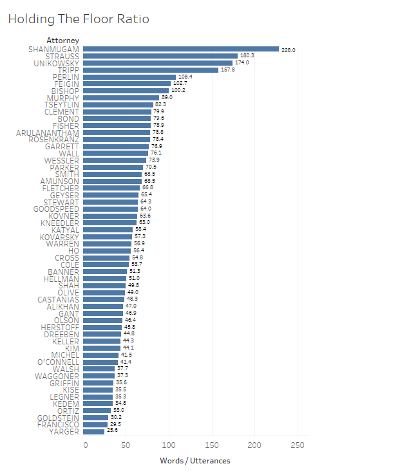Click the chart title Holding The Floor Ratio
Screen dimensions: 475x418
pos(78,19)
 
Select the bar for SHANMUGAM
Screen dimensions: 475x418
pos(181,49)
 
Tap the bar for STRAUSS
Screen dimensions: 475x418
pos(160,56)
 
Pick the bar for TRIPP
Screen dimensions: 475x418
pos(151,70)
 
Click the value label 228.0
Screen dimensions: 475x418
pos(288,50)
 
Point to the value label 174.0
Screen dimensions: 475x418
pos(242,63)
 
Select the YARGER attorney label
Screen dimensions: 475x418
pos(64,432)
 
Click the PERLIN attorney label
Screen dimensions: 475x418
pos(66,77)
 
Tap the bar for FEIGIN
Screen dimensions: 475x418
pos(127,84)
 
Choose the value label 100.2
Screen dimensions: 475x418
pos(178,91)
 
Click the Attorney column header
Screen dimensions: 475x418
pos(62,41)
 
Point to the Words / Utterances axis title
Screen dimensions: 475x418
pos(195,461)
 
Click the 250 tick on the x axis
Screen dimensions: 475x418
pos(298,445)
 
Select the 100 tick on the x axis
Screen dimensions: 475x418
pos(170,445)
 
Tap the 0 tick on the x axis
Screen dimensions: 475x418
pos(86,445)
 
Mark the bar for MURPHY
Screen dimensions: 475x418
pos(121,98)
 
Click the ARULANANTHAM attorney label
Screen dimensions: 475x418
pos(47,133)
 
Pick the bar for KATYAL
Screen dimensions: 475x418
pos(108,230)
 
